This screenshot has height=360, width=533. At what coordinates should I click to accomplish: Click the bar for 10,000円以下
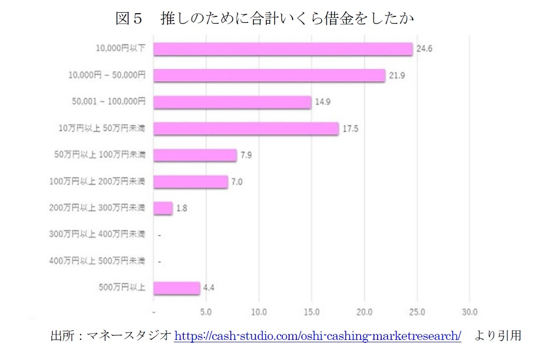(x=283, y=49)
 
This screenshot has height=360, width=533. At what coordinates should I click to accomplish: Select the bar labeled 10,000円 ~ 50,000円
(x=269, y=76)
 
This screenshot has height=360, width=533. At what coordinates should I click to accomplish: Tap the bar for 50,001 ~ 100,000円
(x=232, y=102)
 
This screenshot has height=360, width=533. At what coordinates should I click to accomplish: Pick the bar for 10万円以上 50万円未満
(x=246, y=129)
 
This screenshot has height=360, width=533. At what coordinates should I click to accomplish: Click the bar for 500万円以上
(x=176, y=288)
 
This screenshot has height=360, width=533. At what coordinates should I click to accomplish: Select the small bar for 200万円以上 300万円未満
(x=163, y=208)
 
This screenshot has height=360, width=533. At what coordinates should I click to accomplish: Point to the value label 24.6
(x=424, y=49)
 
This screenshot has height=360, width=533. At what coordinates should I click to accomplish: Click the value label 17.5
(x=351, y=129)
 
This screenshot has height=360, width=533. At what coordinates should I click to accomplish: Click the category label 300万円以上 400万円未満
(x=97, y=235)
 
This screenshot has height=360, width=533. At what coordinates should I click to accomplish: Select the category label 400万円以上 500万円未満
(x=97, y=261)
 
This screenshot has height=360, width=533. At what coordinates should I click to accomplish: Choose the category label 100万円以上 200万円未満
(x=97, y=182)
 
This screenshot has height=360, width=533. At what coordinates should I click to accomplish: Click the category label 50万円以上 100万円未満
(x=99, y=155)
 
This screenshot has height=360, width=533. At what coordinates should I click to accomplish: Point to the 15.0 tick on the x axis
(x=311, y=313)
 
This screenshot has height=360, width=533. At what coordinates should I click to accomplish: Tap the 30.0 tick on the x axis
(x=470, y=313)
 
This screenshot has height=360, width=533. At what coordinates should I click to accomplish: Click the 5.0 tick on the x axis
(x=206, y=313)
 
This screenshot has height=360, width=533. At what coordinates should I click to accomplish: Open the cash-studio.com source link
(x=318, y=336)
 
